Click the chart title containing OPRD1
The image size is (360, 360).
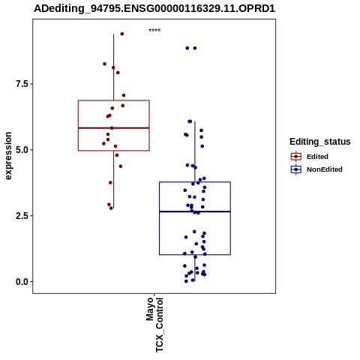coord(154,9)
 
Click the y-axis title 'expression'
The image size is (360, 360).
coord(8,156)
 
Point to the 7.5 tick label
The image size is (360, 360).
coord(21,84)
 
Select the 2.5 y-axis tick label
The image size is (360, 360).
coord(21,216)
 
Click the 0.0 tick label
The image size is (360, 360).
coord(21,282)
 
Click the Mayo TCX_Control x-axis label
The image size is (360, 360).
coord(154,325)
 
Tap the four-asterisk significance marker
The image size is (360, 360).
coord(154,31)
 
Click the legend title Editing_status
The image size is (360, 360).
coord(320,142)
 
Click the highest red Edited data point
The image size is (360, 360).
coord(122,34)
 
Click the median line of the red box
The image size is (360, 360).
coord(114,128)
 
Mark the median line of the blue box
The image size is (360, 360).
coord(195,211)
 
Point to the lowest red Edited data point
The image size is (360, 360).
coord(111,208)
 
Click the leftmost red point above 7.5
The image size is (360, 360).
coord(104,64)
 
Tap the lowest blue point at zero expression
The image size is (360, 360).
coord(186,281)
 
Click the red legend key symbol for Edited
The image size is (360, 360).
coord(296,157)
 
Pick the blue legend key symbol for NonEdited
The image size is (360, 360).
coord(296,169)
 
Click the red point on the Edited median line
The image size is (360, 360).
coord(112,128)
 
